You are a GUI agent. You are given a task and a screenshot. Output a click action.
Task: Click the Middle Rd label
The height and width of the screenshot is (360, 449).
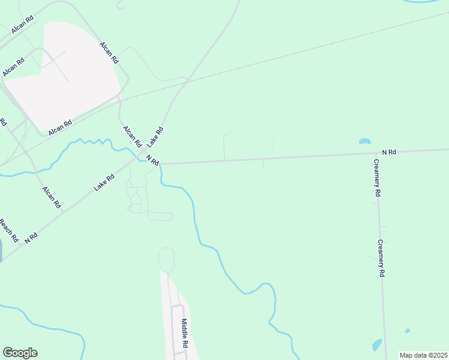(x=185, y=334)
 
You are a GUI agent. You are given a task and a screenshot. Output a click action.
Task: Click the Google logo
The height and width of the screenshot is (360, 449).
(x=20, y=353)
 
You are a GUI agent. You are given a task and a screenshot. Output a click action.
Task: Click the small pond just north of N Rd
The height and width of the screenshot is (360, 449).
(x=364, y=142)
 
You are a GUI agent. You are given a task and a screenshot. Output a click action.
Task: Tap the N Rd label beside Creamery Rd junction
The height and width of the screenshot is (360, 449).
(x=388, y=152)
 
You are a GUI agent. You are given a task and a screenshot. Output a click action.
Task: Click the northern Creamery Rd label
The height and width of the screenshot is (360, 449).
(x=376, y=178)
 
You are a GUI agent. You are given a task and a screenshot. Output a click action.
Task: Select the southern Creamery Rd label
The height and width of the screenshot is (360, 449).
(x=381, y=258)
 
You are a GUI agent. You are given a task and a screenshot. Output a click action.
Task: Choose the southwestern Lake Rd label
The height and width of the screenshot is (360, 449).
(x=104, y=182)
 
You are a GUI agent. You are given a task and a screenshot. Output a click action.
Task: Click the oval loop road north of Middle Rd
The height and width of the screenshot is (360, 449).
(x=166, y=260)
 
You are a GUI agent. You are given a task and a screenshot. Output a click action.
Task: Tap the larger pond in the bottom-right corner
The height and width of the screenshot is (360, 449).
(x=377, y=345)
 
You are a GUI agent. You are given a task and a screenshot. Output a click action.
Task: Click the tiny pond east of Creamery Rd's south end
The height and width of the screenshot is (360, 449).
(x=408, y=331)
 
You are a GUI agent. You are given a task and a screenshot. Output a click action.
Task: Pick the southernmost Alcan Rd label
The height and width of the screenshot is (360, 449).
(x=51, y=197)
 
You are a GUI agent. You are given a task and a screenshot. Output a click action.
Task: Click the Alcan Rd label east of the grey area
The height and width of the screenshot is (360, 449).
(x=110, y=53)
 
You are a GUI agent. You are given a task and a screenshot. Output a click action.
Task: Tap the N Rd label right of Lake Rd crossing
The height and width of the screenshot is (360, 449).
(x=152, y=161)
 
